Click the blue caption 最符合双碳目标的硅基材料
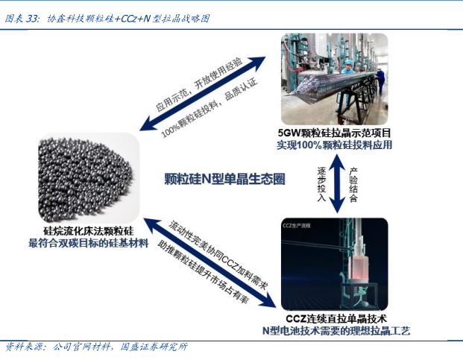tap(88, 244)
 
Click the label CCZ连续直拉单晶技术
tap(336, 318)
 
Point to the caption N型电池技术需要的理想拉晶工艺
tap(336, 330)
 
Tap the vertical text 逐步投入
tap(321, 183)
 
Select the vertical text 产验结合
tap(353, 183)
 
